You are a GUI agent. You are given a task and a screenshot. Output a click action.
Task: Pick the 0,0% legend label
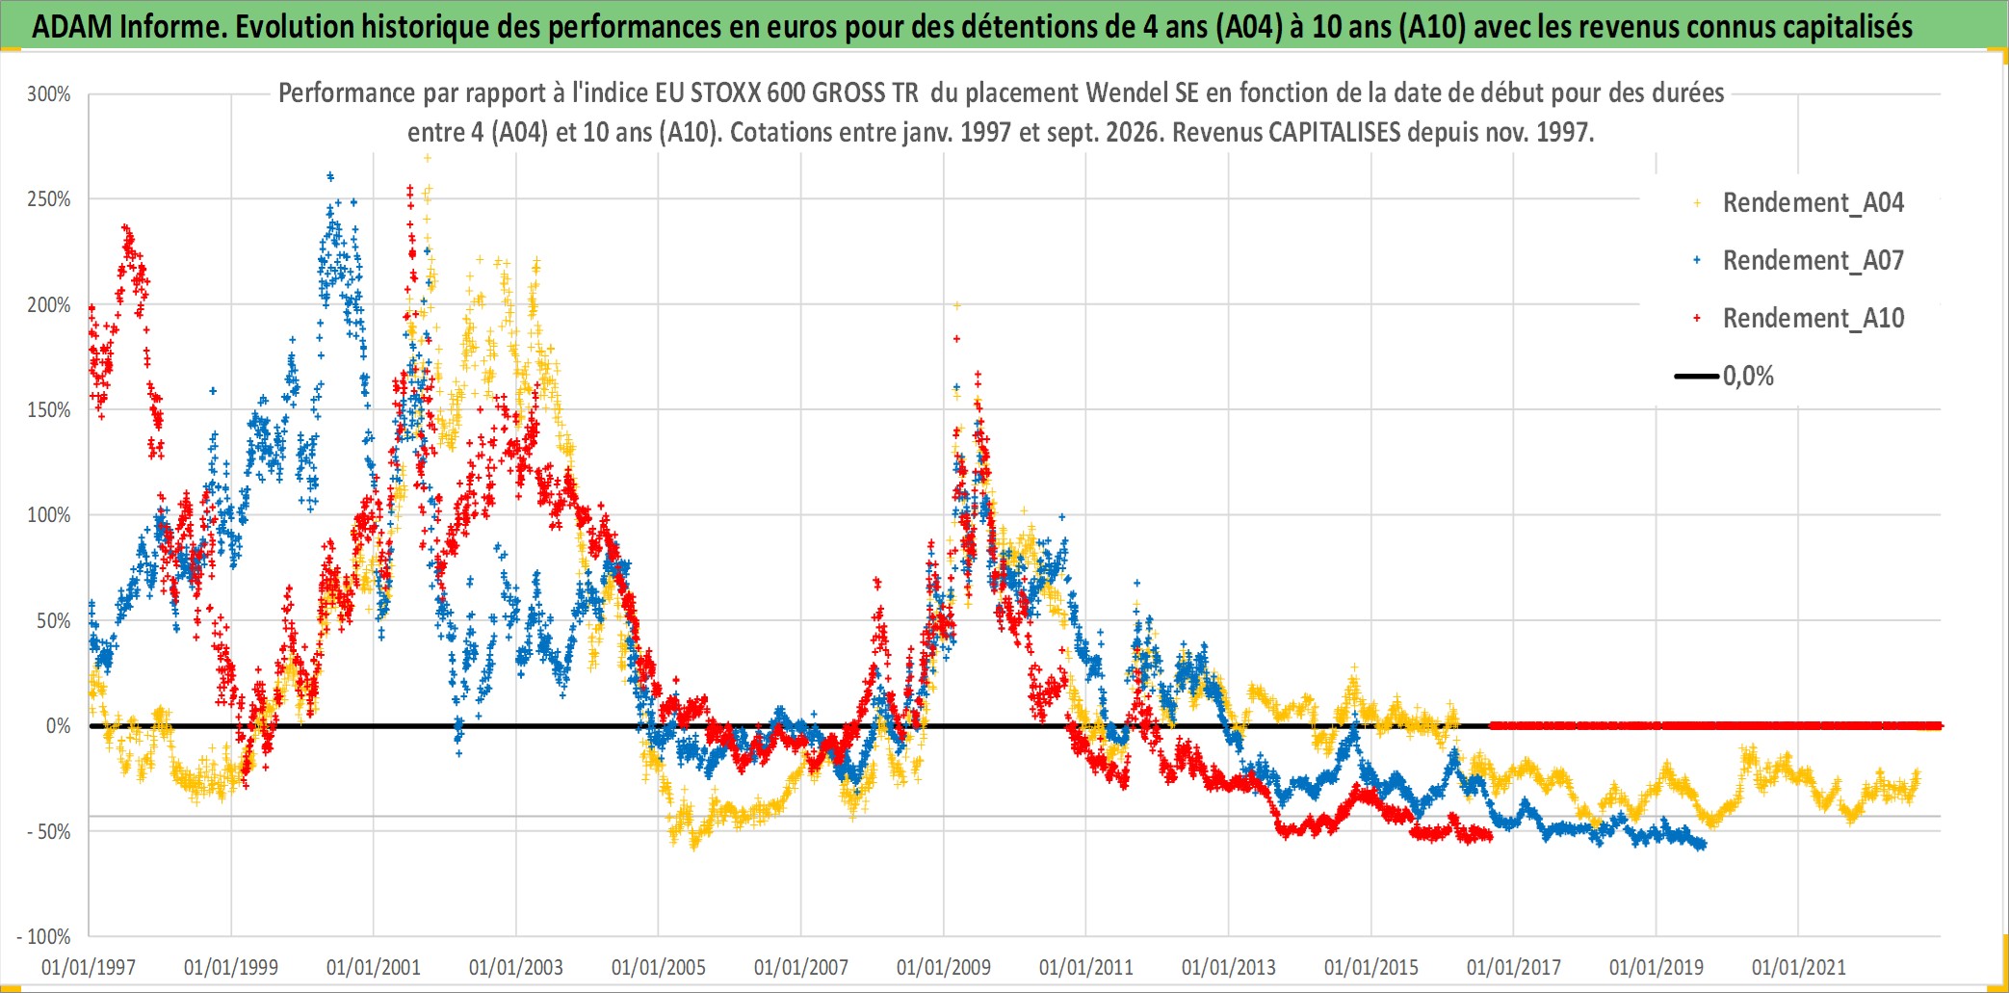tap(1748, 376)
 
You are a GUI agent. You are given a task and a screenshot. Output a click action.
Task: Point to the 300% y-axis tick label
tap(49, 94)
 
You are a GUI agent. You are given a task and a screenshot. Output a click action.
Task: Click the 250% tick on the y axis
tap(49, 199)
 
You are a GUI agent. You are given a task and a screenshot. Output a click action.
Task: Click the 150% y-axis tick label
tap(49, 410)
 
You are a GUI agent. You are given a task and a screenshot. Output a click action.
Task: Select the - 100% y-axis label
tap(43, 936)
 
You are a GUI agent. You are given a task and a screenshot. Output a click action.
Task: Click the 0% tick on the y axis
tap(59, 726)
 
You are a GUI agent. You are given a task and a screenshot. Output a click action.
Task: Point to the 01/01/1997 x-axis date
tap(89, 967)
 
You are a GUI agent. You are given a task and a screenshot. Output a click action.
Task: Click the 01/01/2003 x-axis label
tap(516, 967)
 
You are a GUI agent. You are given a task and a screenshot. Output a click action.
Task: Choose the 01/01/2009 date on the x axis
tap(944, 967)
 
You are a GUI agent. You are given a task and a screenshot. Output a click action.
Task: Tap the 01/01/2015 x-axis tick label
tap(1371, 967)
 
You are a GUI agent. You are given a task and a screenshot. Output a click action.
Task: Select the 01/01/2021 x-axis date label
tap(1799, 967)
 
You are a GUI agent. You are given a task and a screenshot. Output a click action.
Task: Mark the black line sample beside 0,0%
tap(1697, 376)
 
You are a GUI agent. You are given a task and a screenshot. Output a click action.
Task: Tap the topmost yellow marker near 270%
tap(428, 158)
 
